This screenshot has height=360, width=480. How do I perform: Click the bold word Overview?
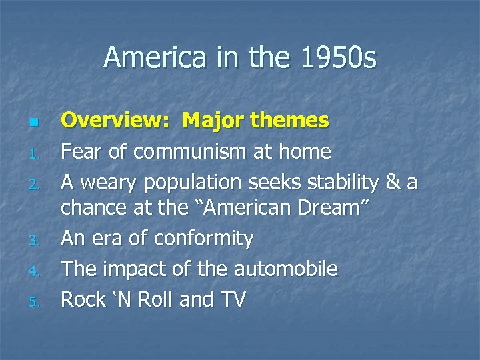115,121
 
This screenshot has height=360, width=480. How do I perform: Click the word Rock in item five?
83,299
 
